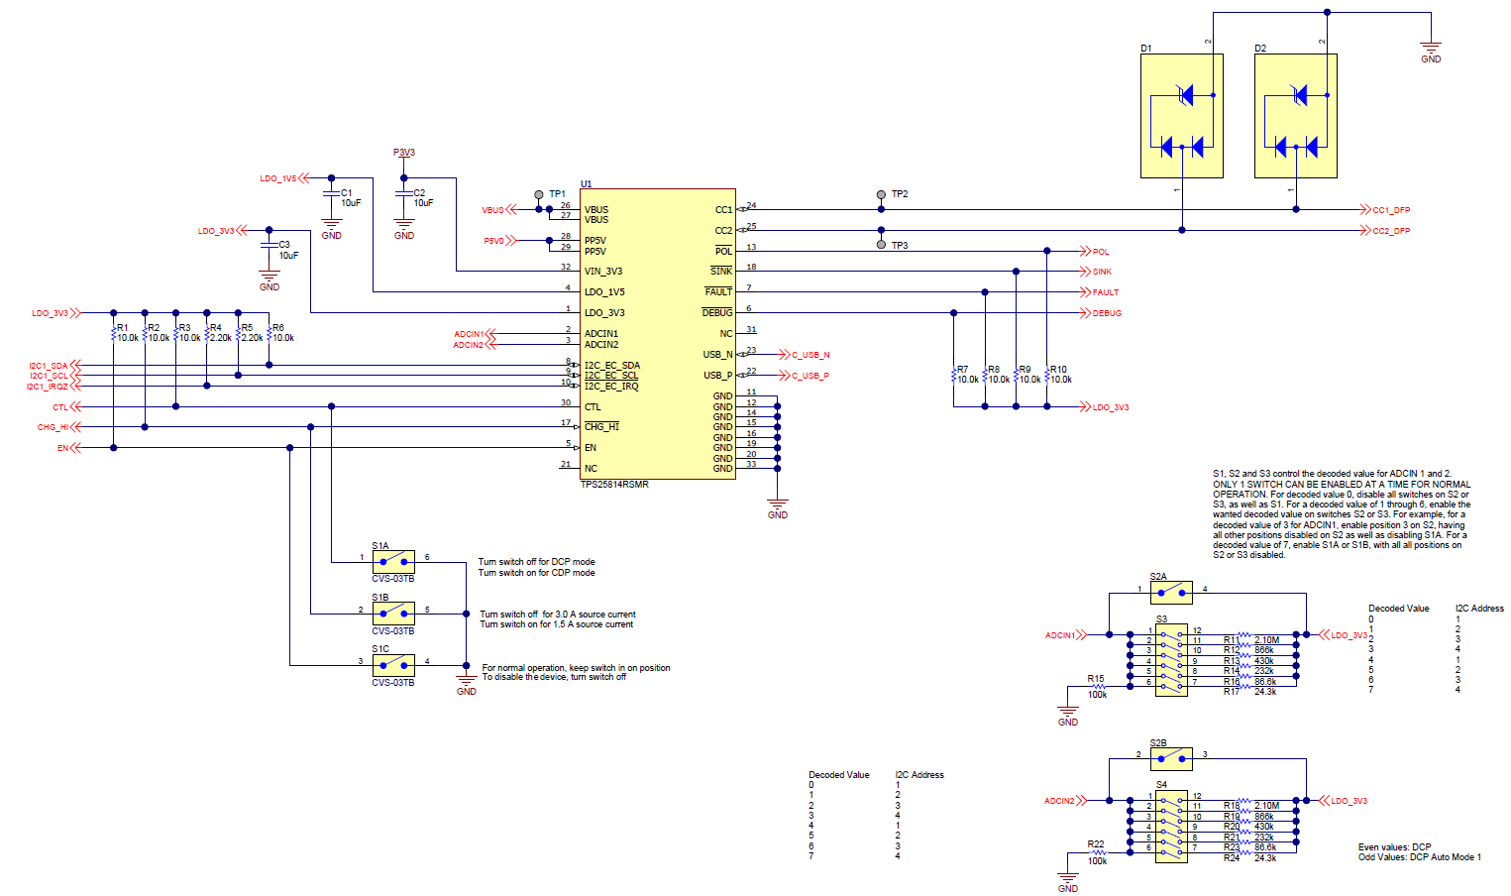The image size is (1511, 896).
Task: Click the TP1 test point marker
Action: [538, 194]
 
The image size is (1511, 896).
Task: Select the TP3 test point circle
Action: [881, 244]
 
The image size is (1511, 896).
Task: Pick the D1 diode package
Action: [1181, 116]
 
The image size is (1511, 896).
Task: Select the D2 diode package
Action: [1295, 116]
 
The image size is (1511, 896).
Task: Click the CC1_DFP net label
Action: [1390, 210]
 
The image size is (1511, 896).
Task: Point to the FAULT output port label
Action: [1105, 292]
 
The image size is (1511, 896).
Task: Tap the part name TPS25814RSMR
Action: [614, 485]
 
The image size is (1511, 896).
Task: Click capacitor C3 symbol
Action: [269, 244]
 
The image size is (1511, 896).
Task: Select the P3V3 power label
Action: [403, 153]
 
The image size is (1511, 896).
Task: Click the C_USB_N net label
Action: [809, 355]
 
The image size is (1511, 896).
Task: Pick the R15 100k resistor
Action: [1096, 686]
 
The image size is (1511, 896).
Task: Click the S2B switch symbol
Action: [1170, 758]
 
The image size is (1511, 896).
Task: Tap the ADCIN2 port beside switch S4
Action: [1059, 801]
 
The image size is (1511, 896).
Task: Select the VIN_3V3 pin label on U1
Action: [603, 272]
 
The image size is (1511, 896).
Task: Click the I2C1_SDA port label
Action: [49, 366]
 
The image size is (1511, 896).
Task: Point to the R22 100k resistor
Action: [1096, 851]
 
